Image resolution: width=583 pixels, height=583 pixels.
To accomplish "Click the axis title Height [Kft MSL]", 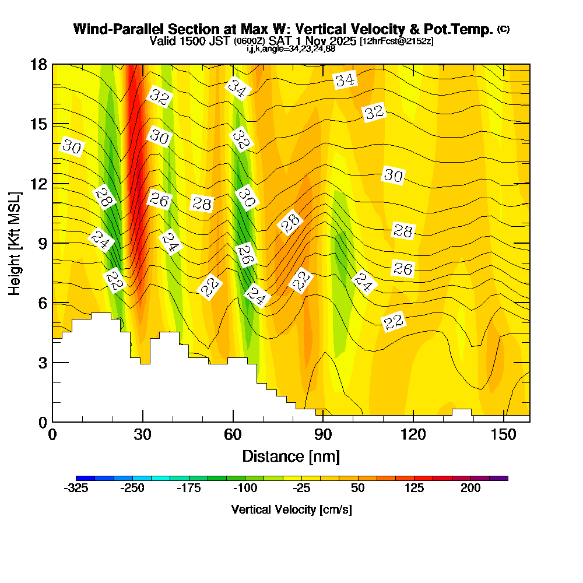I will pos(14,243).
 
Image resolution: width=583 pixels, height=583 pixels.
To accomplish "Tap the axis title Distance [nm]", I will pos(291,455).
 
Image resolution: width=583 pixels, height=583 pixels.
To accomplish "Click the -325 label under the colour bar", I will pos(76,489).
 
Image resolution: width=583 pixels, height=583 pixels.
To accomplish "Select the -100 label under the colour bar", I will pos(244,489).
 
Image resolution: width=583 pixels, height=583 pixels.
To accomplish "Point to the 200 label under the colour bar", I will pos(470,489).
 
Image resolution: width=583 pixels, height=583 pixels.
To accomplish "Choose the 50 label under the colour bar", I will pos(359,489).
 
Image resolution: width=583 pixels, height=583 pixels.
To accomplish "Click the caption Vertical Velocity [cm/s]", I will pos(291,510).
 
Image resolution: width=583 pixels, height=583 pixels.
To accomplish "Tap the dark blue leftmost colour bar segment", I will pos(80,478).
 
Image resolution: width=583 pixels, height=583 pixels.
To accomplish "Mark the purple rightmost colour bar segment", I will pos(503,478).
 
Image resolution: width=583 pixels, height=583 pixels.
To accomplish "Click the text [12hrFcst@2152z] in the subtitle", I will pos(396,41).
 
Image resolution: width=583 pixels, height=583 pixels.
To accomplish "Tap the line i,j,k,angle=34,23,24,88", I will pos(291,49).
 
